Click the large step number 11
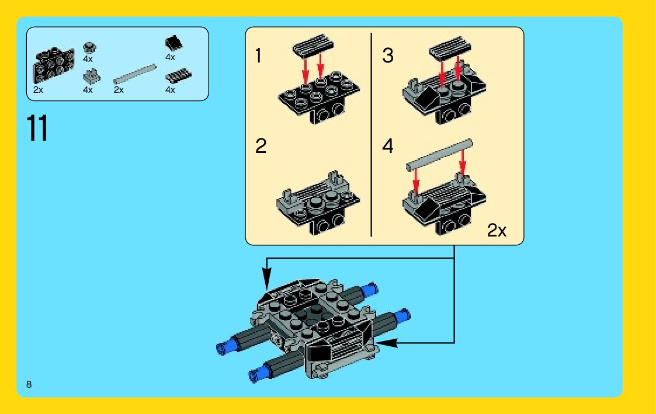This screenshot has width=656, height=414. [x=37, y=128]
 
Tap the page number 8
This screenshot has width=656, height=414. [x=29, y=384]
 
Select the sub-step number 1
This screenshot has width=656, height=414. [x=259, y=55]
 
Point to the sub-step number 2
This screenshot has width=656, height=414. [x=261, y=146]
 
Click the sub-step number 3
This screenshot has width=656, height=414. [x=388, y=55]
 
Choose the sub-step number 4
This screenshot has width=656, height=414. [x=388, y=146]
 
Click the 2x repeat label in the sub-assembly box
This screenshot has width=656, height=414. [x=497, y=231]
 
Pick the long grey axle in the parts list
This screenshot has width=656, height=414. [x=135, y=74]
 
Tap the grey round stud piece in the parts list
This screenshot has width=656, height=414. [x=89, y=48]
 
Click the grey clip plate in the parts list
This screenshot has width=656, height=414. [x=91, y=77]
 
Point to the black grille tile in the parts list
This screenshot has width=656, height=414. [x=178, y=76]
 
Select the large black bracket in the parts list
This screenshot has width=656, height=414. [x=54, y=64]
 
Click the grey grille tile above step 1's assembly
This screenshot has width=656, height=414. [x=313, y=44]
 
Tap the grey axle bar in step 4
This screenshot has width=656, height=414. [x=439, y=155]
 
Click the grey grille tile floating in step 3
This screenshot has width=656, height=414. [x=450, y=47]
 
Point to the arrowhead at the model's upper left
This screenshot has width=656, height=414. [x=267, y=279]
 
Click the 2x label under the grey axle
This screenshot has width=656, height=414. [x=119, y=90]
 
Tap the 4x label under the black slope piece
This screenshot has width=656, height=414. [x=170, y=57]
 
